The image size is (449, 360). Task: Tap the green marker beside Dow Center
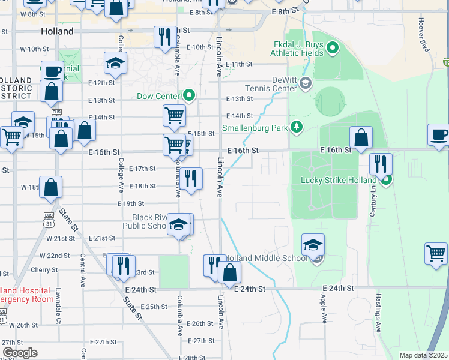189,95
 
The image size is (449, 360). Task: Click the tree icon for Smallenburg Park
296,127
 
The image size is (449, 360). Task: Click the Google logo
20,353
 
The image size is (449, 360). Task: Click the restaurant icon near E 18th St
190,179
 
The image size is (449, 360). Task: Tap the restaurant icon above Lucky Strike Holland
381,163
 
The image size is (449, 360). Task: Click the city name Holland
58,31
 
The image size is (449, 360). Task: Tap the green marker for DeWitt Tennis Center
306,83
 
